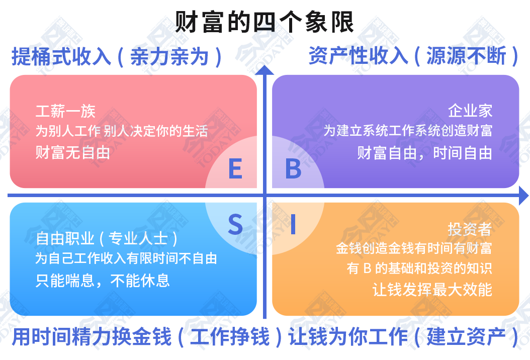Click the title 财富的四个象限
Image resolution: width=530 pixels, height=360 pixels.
[264, 22]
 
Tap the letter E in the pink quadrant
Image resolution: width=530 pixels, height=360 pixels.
[235, 168]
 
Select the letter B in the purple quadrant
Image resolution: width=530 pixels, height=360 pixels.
[293, 168]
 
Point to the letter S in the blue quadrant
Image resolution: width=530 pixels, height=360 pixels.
[235, 224]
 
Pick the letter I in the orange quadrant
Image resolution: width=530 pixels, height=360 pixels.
[293, 224]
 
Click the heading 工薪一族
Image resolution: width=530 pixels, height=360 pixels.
[65, 111]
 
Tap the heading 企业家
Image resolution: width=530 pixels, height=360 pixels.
[470, 111]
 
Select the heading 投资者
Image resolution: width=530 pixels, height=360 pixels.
[470, 229]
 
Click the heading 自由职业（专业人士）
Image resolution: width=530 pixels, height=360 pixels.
[107, 239]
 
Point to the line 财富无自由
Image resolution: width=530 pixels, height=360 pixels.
[73, 153]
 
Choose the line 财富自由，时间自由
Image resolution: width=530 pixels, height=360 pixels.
[424, 153]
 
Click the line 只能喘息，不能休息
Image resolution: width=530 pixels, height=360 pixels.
[103, 281]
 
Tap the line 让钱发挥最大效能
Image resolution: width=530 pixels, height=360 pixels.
[432, 290]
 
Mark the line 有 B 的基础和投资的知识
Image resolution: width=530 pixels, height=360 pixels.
[419, 268]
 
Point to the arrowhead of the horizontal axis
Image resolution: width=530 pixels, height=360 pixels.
[524, 196]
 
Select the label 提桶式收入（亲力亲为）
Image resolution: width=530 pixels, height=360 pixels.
[117, 56]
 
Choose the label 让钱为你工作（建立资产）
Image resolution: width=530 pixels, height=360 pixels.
[403, 337]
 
